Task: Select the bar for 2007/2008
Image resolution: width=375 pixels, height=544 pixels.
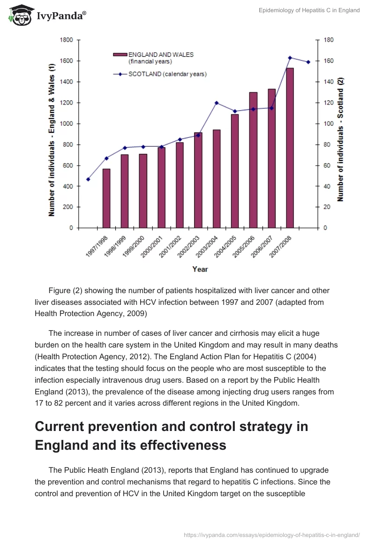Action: tap(290, 148)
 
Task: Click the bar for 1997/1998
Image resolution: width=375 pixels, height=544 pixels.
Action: tap(106, 198)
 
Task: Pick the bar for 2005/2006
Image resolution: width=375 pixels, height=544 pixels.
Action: tap(253, 160)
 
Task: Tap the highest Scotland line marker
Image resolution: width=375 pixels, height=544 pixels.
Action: tap(290, 58)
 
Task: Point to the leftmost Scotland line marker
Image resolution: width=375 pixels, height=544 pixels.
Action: tap(88, 179)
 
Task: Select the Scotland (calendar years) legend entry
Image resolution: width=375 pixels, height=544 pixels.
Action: tap(160, 74)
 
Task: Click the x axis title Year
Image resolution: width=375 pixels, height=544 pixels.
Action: tap(200, 269)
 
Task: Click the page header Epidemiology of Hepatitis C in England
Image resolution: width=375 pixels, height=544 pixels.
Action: tap(309, 10)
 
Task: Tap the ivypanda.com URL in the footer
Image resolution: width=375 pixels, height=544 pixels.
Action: tap(272, 534)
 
